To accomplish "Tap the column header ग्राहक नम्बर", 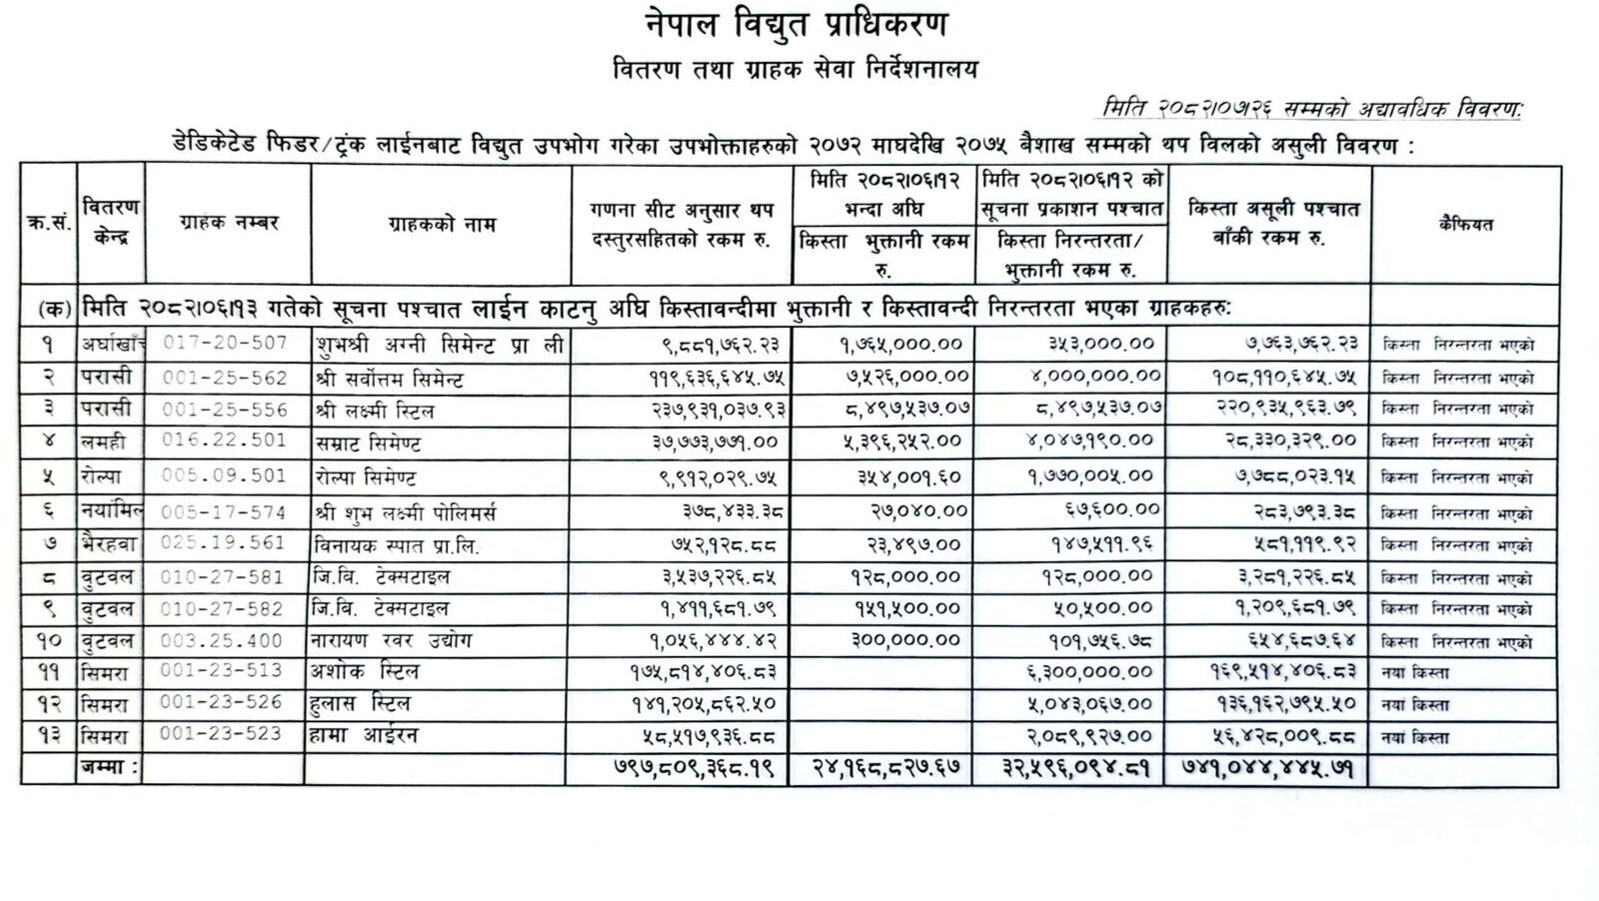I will [229, 223].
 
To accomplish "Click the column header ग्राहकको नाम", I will [442, 225].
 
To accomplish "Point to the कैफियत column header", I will [1465, 225].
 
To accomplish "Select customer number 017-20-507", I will [225, 343].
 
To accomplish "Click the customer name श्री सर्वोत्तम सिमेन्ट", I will [389, 379].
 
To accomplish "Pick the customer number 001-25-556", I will [225, 410].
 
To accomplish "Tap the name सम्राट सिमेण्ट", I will [367, 443].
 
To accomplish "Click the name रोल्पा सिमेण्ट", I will [365, 477].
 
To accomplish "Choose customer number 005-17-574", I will [225, 512].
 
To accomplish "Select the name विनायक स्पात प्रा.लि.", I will [397, 545].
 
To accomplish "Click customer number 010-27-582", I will [225, 608].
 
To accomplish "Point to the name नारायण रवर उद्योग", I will [392, 640].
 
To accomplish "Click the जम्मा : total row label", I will [110, 768].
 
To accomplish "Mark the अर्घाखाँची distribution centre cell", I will [112, 344].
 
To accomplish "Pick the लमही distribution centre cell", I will [104, 442].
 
